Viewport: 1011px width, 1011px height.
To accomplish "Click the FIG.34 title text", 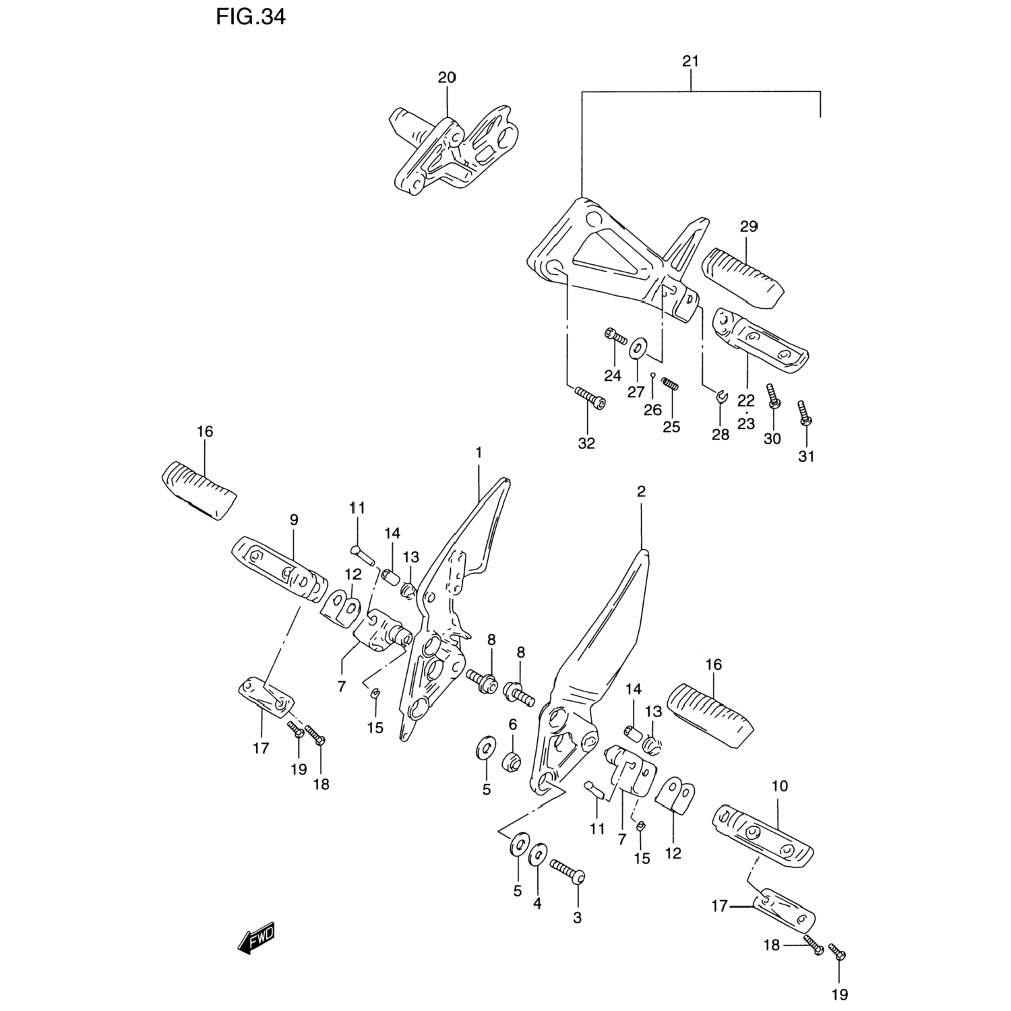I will pos(251,17).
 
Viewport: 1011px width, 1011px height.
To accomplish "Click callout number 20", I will pos(447,78).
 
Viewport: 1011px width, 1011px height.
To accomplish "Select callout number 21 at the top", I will pos(690,61).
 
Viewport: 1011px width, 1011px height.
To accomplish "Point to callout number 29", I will pos(749,226).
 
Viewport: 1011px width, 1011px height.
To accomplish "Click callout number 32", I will pos(586,443).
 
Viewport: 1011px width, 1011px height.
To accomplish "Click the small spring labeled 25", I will pos(670,384).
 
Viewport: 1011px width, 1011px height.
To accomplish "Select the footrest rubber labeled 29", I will pos(743,278).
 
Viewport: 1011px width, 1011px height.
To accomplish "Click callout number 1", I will pos(479,452).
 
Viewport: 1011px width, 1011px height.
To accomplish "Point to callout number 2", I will pos(640,491).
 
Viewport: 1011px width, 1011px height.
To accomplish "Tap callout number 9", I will pos(294,520).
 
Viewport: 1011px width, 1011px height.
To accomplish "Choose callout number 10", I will pos(779,786).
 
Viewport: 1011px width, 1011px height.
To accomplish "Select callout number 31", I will pos(806,456).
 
